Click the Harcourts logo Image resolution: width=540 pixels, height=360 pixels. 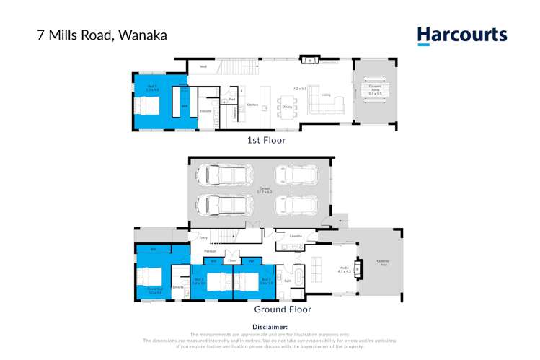click(x=462, y=35)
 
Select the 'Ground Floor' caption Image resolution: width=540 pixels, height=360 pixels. click(x=282, y=309)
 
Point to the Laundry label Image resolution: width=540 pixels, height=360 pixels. click(x=296, y=236)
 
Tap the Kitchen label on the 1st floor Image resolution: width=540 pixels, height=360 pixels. click(x=252, y=105)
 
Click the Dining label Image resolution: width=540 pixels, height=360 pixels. click(x=287, y=107)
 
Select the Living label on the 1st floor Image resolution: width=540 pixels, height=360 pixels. click(x=325, y=95)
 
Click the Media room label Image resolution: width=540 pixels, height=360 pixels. click(x=344, y=270)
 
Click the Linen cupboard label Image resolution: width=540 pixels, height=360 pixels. click(x=232, y=260)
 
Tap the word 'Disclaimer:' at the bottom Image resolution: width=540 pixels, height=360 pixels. click(x=270, y=327)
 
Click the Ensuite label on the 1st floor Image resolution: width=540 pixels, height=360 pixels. click(x=205, y=111)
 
